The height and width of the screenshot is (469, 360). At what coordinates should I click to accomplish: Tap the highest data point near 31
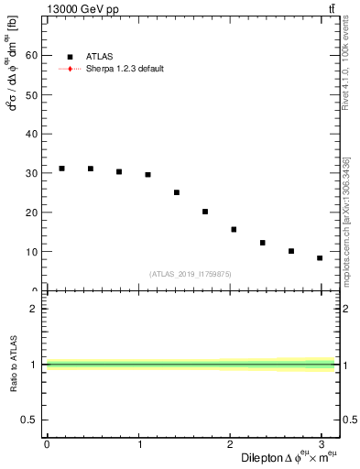coord(61,169)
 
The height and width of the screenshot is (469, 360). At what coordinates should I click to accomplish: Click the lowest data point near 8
coord(320,258)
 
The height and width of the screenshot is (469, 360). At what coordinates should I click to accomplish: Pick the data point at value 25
coord(177,192)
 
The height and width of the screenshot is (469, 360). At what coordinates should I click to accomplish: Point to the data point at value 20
coord(205,212)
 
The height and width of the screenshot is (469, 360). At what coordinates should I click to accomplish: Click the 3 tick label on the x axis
coord(323,443)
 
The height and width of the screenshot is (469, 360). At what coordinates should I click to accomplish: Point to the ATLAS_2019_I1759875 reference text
coord(191,274)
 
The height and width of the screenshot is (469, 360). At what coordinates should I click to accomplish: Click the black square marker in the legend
coord(71,57)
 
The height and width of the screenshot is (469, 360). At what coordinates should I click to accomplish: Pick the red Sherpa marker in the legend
coord(71,69)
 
